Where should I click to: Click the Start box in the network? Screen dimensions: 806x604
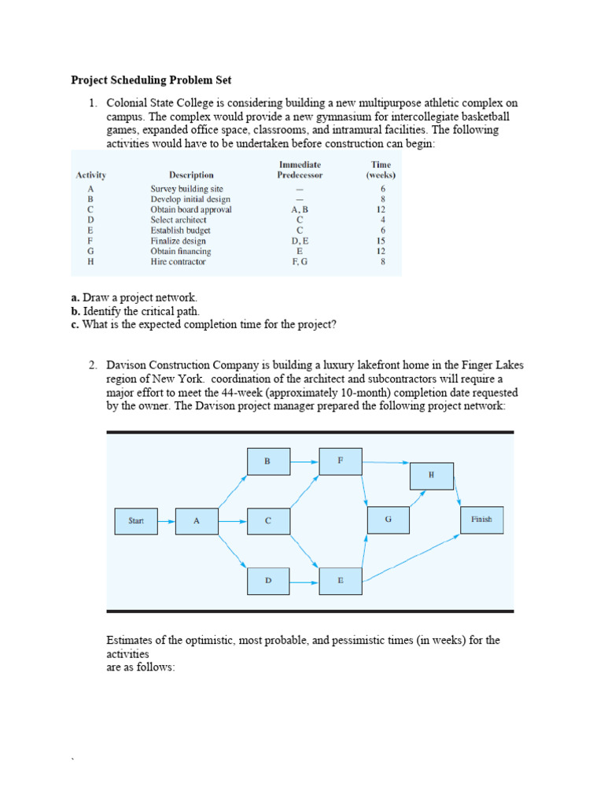click(135, 520)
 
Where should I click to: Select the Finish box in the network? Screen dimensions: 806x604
click(481, 519)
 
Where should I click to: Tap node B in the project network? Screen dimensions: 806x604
click(268, 461)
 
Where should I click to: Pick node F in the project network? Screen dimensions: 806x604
click(340, 460)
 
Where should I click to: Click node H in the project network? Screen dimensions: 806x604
click(431, 475)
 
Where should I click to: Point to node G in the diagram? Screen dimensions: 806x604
click(388, 519)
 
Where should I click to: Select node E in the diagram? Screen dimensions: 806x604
click(340, 581)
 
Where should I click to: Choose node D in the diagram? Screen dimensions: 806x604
click(268, 581)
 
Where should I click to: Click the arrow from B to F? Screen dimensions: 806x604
click(304, 461)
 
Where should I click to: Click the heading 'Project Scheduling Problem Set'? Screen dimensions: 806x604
click(151, 80)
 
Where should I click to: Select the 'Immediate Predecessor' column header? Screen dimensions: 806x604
click(300, 169)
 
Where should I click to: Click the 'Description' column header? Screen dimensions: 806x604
click(191, 175)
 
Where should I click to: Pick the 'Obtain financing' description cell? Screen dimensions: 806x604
click(181, 251)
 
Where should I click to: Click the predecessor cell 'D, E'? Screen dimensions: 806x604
click(300, 241)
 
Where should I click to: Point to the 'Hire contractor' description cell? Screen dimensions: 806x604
click(178, 261)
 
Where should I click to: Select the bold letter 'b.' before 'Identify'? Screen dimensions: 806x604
click(75, 312)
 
